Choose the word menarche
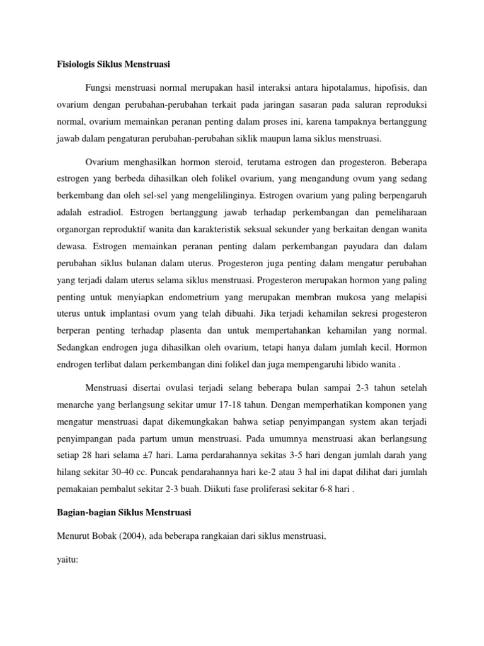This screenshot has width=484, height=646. [71, 399]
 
